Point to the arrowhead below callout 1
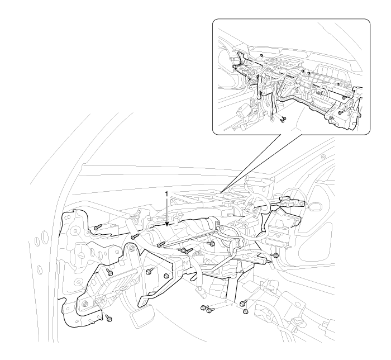click(167, 224)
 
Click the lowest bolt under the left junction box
click(108, 318)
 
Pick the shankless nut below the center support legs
click(245, 311)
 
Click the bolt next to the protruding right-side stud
click(276, 255)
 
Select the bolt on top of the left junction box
click(109, 272)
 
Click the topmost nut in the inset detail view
click(261, 55)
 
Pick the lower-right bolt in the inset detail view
click(340, 113)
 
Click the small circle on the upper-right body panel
click(323, 157)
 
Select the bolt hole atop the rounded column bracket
click(132, 248)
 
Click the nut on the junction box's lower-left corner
click(85, 304)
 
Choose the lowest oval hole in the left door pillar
click(40, 269)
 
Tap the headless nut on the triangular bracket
click(166, 276)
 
